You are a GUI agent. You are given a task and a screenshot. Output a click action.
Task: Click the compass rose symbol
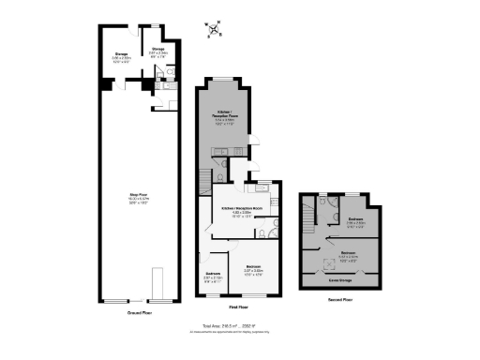pos(217,30)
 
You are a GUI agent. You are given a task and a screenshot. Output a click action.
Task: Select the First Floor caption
pos(238,307)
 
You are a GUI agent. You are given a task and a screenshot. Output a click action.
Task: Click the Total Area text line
pos(241,325)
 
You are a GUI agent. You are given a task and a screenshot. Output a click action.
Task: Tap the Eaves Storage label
pos(340,278)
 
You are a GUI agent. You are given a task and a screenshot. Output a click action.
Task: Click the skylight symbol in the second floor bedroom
pos(331,263)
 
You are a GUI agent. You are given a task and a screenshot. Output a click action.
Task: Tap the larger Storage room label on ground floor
pos(121,56)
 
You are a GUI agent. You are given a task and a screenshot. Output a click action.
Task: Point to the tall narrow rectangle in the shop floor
pos(157,281)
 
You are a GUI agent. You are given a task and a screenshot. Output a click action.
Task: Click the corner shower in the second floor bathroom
pos(324,202)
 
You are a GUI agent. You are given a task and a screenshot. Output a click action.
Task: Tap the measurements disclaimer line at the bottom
pos(241,331)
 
